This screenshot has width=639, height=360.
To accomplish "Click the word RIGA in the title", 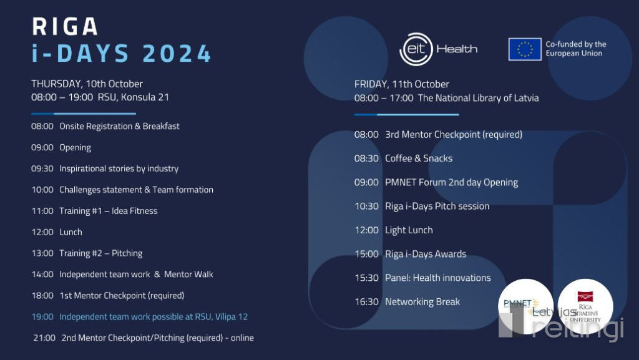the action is (65, 26).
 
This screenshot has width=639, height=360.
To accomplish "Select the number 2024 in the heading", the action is (177, 54).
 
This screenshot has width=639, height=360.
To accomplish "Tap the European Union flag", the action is (525, 49).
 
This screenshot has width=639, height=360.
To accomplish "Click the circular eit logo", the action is (416, 49).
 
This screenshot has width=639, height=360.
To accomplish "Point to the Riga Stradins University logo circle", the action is (585, 306).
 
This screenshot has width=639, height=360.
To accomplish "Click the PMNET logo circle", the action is (525, 306).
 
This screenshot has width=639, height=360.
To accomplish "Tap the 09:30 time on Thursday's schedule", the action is (42, 168).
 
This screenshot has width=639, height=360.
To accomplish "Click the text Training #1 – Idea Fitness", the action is (109, 211).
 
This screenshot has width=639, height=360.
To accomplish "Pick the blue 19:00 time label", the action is (42, 317).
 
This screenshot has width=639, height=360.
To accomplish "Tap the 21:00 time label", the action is (44, 338).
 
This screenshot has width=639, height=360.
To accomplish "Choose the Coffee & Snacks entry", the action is (419, 158).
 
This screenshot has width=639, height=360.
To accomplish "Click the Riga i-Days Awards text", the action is (426, 254).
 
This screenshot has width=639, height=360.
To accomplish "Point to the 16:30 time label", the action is (367, 302).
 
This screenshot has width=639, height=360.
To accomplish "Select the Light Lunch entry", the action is (409, 230).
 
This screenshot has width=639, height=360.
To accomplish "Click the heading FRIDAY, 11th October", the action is (401, 84).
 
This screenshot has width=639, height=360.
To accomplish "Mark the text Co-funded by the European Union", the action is (576, 49).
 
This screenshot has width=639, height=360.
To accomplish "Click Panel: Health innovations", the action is (438, 278).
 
